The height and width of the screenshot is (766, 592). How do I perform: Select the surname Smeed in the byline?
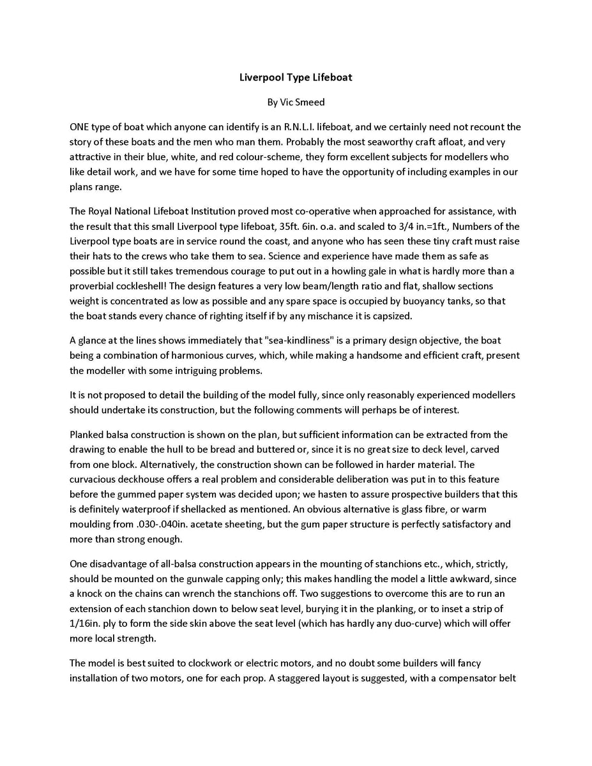click(311, 102)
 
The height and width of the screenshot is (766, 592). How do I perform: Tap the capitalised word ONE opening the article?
click(80, 127)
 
